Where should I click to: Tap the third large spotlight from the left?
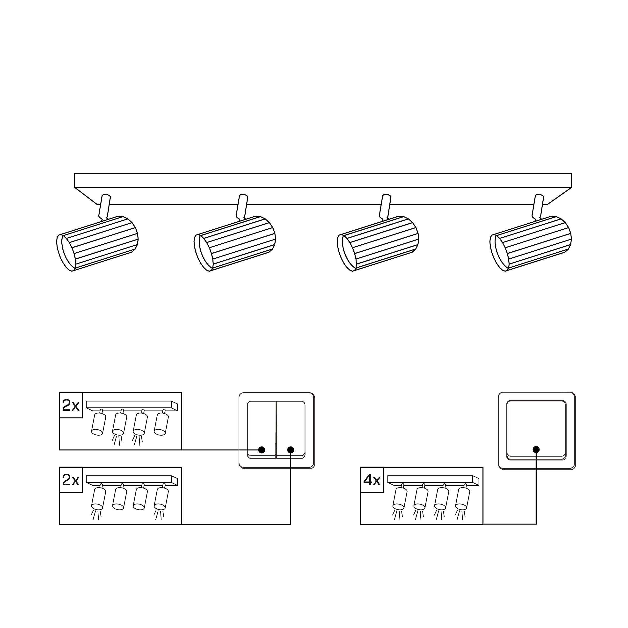378,243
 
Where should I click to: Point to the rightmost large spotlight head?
531,243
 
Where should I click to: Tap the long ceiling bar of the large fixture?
323,189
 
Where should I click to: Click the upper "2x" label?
71,405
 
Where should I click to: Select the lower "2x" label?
71,480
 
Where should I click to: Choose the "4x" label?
372,480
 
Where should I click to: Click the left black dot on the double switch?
262,450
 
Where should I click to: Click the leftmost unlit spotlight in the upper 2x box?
98,422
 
